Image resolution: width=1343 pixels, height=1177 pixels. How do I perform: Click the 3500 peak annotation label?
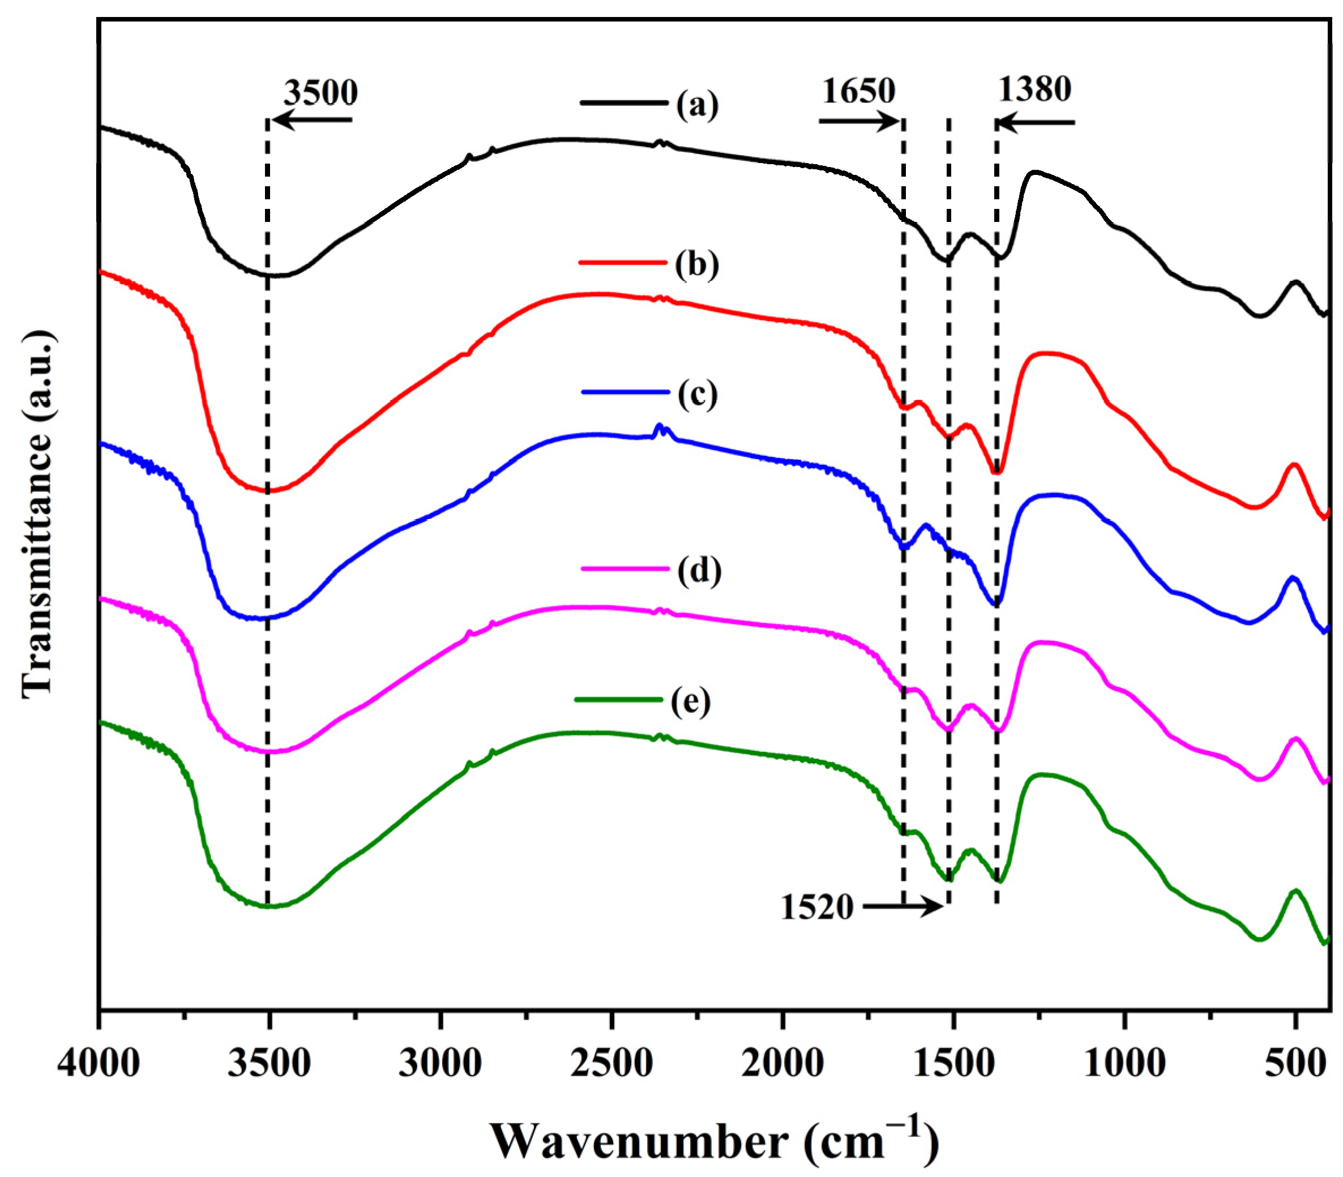[320, 93]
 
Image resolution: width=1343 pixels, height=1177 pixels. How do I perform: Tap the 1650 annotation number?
[858, 91]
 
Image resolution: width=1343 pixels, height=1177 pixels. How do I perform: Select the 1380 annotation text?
[1034, 89]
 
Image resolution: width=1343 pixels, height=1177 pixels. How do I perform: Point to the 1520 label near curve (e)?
[816, 908]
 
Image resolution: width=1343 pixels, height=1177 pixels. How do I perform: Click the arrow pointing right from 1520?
[903, 907]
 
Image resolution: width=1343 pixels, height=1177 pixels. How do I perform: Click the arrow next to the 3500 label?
[312, 120]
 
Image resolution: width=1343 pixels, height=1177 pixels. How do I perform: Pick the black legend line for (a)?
[623, 102]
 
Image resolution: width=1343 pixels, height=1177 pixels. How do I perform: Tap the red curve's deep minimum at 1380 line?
[997, 471]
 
